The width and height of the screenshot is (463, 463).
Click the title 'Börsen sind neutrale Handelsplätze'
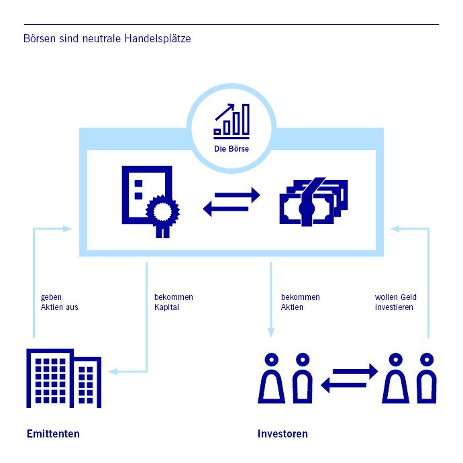point(107,39)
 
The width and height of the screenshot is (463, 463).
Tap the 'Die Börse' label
point(232,148)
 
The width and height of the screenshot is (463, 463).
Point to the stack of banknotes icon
point(313,202)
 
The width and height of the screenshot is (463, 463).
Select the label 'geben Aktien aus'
point(60,302)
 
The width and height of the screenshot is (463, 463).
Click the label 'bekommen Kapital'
point(173,302)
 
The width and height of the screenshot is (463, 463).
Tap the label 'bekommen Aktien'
point(300,302)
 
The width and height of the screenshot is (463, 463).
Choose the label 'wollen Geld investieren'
point(395,302)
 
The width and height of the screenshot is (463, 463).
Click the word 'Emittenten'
point(53,433)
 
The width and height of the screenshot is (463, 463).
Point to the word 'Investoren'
point(282,433)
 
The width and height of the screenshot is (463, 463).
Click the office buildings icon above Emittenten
point(63,378)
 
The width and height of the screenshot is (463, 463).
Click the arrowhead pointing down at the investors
point(271,331)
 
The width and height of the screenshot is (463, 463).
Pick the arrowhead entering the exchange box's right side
point(395,229)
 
